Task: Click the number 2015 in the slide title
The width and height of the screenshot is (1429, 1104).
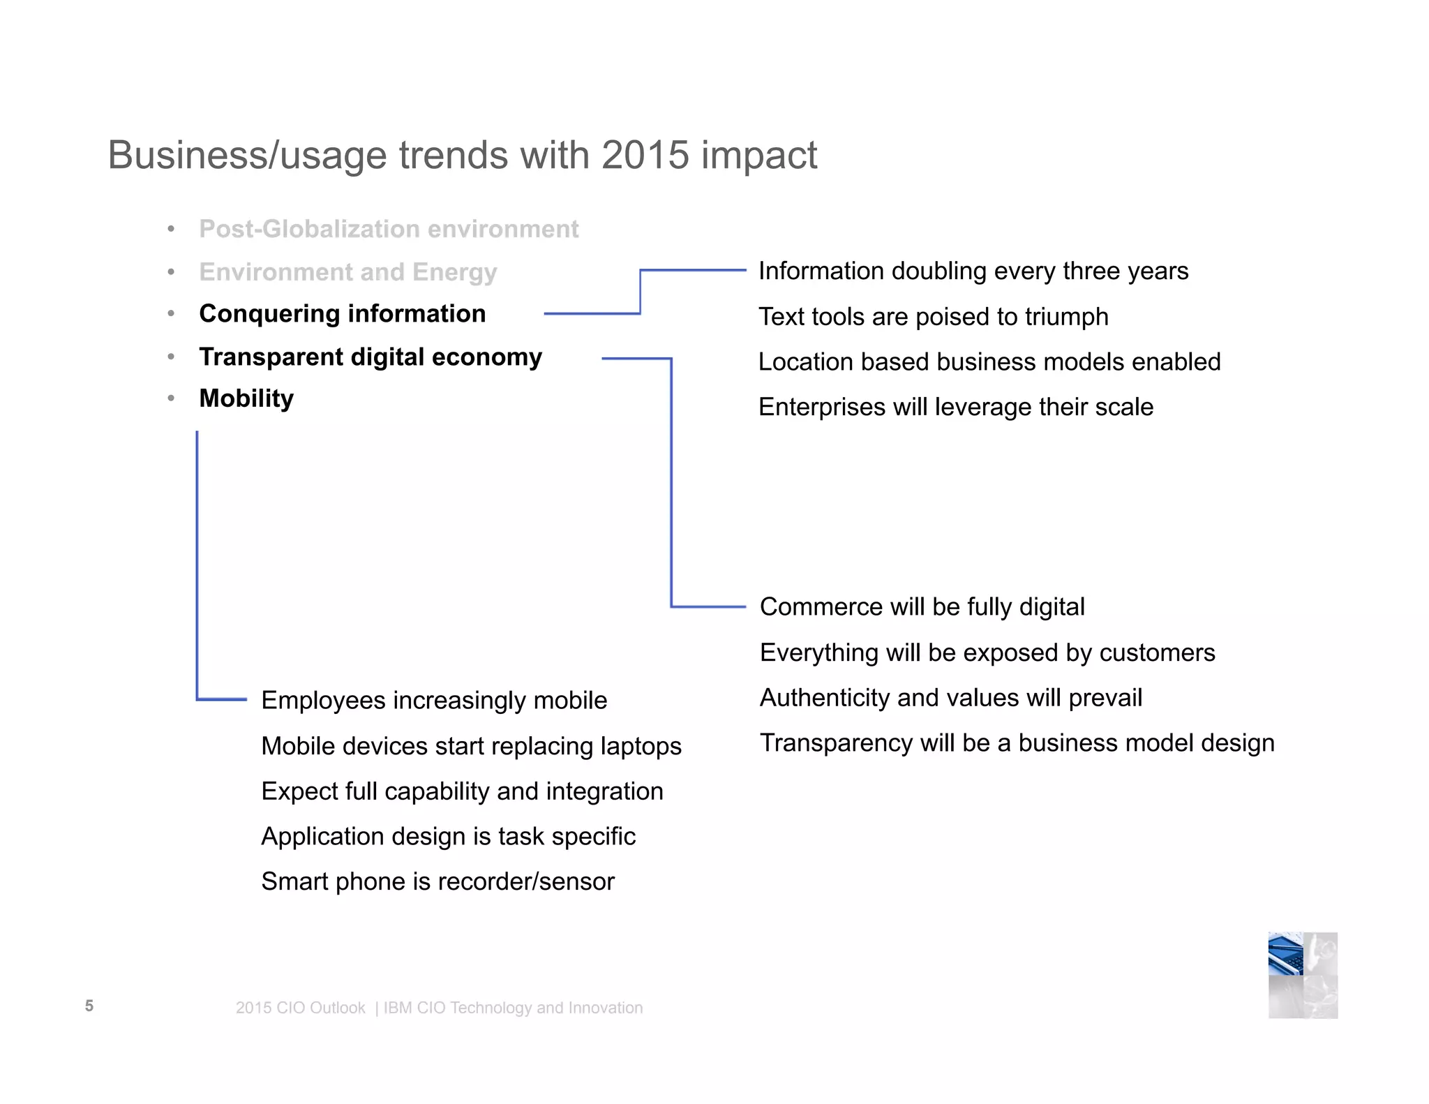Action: pos(645,155)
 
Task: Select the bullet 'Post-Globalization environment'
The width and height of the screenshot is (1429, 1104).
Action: pos(389,229)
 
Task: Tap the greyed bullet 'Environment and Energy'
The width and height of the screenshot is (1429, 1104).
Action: pos(347,271)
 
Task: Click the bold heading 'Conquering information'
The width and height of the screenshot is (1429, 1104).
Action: pos(342,314)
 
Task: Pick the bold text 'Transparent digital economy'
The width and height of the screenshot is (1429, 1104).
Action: pos(371,357)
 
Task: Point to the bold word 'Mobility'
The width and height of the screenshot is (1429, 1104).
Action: pos(246,398)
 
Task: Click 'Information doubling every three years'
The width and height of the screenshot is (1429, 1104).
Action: pos(973,271)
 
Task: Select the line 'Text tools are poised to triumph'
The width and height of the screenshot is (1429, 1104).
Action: pos(933,317)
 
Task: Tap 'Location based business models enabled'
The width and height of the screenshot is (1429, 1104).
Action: pos(989,361)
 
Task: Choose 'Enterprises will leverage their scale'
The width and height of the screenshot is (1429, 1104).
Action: pos(956,407)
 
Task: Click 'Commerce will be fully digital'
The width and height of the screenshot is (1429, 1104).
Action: pos(922,607)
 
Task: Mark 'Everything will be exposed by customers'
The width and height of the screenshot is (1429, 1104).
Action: pos(987,652)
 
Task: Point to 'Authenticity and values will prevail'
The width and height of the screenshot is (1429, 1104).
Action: pos(951,698)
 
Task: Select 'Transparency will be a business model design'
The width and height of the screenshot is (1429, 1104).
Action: pos(1017,743)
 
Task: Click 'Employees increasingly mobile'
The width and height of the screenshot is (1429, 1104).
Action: pos(434,700)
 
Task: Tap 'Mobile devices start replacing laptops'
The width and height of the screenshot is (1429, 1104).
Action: pos(471,746)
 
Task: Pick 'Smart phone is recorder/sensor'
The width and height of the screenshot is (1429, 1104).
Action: pos(437,881)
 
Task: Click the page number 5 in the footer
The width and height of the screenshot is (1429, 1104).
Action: pos(89,1006)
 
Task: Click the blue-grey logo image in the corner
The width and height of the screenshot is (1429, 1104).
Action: pos(1303,975)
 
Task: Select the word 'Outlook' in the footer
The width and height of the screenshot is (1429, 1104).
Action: pos(338,1008)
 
